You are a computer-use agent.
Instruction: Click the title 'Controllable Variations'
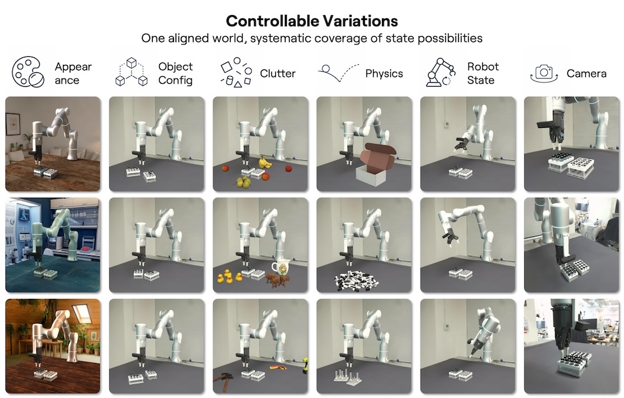(x=311, y=21)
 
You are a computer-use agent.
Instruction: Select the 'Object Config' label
(x=175, y=73)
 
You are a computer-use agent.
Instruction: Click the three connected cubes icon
(x=131, y=72)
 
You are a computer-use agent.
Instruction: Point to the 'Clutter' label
(x=278, y=74)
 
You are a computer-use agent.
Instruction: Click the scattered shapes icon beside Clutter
(x=236, y=72)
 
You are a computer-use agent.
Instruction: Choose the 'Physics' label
(x=384, y=74)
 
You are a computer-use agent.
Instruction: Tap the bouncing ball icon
(x=338, y=72)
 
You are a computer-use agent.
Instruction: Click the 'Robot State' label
(x=483, y=73)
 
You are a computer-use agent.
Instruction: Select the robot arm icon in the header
(x=441, y=72)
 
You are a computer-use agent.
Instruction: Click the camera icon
(x=544, y=73)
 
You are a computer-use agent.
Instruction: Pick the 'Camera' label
(x=586, y=74)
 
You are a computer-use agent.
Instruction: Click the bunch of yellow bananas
(x=265, y=162)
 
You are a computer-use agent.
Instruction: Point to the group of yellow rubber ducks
(x=229, y=276)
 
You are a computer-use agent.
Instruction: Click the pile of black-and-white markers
(x=356, y=279)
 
